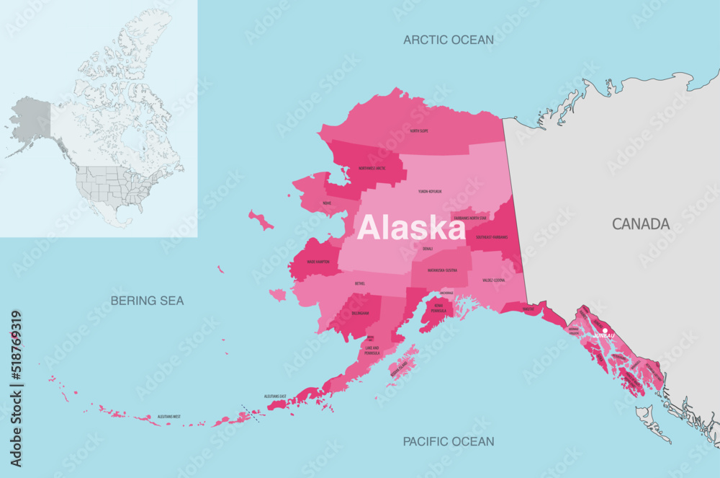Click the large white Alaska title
click(411, 228)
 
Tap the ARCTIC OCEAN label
click(448, 40)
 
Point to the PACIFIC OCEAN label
click(448, 441)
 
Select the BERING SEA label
click(148, 300)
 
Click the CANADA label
click(641, 224)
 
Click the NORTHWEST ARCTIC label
click(372, 168)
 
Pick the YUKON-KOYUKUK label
click(430, 192)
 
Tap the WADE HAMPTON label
click(318, 262)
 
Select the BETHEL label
click(360, 283)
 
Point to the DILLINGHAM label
click(359, 314)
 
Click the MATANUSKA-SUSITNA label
click(442, 270)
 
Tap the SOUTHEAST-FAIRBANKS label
click(492, 237)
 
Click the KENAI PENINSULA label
click(440, 309)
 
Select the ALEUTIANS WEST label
click(169, 417)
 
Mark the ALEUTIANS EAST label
click(275, 397)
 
